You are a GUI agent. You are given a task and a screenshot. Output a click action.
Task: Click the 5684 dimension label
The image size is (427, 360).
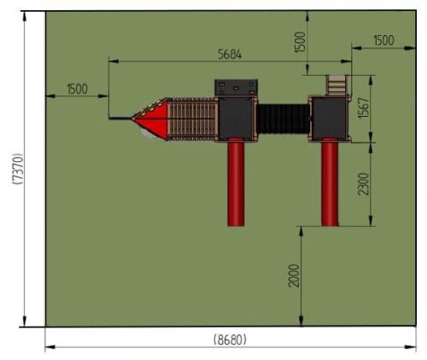tap(230, 54)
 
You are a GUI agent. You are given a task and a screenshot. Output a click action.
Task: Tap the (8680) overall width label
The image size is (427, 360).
tap(230, 340)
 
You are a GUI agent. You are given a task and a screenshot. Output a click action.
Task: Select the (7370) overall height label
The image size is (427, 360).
tap(17, 169)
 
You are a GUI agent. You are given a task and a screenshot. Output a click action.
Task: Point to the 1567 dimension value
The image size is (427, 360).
tap(364, 108)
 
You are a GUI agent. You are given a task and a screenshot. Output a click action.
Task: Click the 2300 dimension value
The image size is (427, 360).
tap(363, 184)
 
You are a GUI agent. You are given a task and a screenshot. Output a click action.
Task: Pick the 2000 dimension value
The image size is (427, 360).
tap(294, 276)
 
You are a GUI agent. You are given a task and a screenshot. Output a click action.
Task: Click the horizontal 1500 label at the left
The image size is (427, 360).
tap(77, 89)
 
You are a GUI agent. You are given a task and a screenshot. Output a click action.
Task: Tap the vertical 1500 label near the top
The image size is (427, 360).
tap(300, 42)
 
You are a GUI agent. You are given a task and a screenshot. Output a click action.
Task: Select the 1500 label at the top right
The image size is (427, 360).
tap(383, 40)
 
